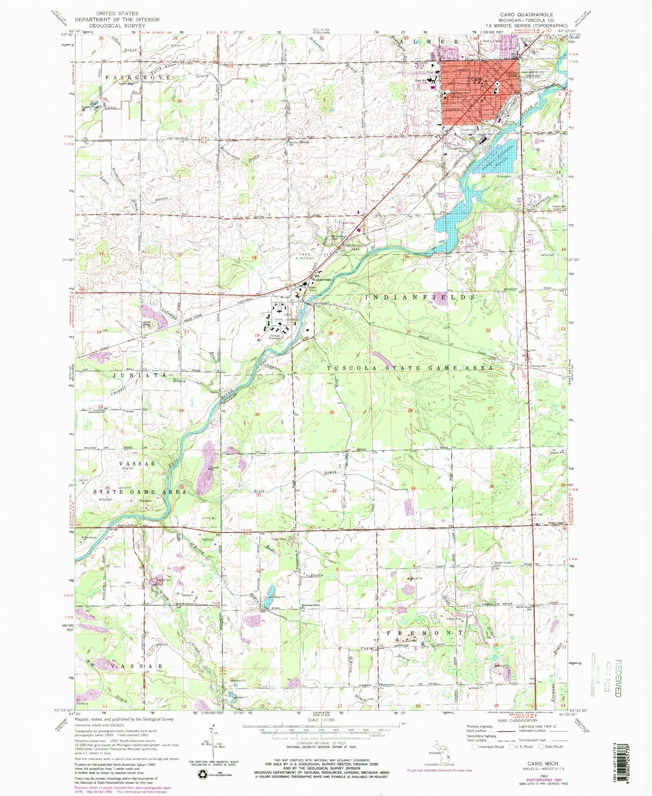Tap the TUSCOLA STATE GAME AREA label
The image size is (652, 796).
click(409, 368)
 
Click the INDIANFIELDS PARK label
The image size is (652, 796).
click(355, 247)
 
